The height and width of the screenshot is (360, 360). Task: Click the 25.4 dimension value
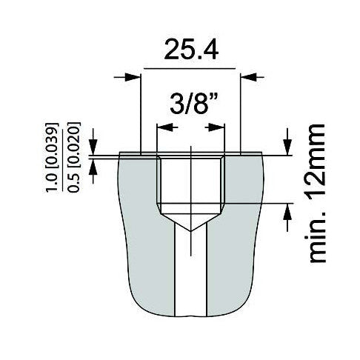tap(190, 51)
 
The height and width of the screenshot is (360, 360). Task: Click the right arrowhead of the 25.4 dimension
tap(248, 76)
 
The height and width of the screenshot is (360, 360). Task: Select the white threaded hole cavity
tap(191, 181)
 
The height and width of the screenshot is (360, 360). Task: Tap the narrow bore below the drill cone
tap(191, 274)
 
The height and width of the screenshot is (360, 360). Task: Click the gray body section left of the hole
tap(141, 222)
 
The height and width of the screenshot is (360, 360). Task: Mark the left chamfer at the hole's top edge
tap(159, 157)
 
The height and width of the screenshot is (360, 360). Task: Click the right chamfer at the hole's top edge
tap(223, 157)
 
